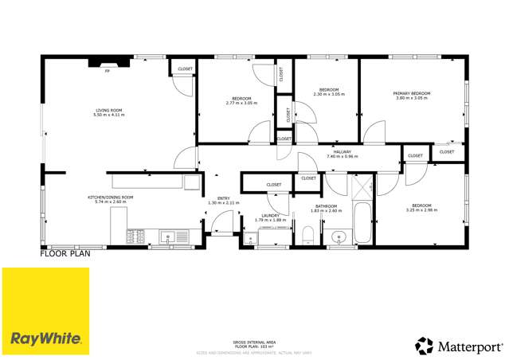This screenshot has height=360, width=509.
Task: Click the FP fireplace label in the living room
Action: (x=108, y=71)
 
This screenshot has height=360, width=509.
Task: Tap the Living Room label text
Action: (x=109, y=112)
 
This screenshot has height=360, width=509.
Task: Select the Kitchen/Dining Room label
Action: (x=110, y=198)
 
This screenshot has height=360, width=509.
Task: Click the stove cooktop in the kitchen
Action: (x=135, y=236)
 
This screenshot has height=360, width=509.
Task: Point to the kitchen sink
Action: (x=169, y=236)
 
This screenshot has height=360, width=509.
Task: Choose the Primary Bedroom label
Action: (x=412, y=94)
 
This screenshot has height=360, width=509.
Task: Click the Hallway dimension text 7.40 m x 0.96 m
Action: (x=343, y=156)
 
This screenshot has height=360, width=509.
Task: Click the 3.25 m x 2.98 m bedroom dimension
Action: (x=421, y=210)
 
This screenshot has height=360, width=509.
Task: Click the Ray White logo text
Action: (x=45, y=338)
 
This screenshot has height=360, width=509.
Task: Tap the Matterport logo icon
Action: (x=424, y=346)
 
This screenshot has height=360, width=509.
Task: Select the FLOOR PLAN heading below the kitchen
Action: (x=65, y=254)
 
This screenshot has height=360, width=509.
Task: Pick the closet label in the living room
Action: (x=184, y=69)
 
